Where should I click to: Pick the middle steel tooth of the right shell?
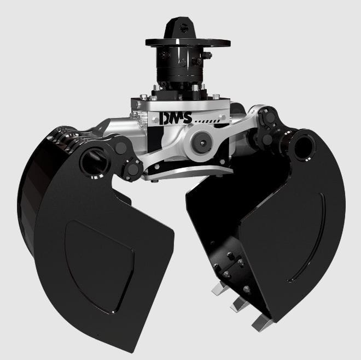240,304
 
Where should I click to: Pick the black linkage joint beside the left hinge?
126,158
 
